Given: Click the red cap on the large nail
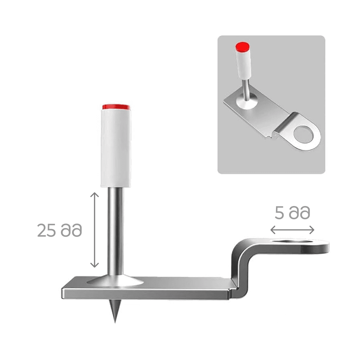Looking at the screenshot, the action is click(x=116, y=107).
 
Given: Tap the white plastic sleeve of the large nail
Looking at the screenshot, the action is click(x=116, y=148).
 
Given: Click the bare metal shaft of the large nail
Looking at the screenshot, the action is click(x=116, y=231).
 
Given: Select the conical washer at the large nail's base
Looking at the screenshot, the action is click(x=116, y=281).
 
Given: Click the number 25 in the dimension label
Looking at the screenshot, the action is click(x=46, y=230).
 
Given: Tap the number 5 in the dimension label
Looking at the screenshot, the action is click(x=279, y=213).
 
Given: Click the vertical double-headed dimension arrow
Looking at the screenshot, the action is click(x=94, y=230).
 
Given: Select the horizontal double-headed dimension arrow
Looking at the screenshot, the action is click(x=292, y=230).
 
